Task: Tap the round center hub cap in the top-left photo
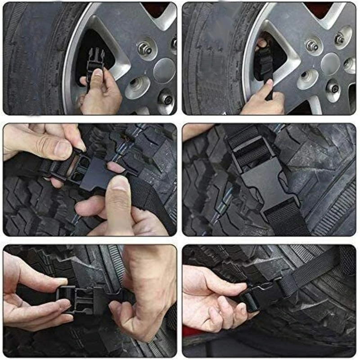click(164, 71)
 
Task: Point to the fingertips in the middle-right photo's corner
click(193, 130)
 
